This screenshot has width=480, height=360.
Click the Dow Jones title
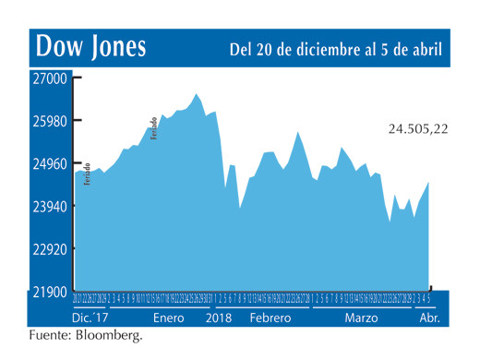[90, 47]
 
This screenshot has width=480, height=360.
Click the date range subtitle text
[334, 48]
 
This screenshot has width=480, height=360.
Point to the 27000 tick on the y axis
[51, 79]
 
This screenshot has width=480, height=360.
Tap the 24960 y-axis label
[51, 164]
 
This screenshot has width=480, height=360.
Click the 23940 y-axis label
[51, 207]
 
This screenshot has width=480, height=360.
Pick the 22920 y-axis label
[51, 249]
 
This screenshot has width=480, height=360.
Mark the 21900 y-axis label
[51, 292]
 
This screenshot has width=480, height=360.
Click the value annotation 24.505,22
[417, 129]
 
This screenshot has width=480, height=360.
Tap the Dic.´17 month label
[92, 318]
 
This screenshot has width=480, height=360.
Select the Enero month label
[169, 318]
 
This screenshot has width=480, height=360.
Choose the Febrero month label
[270, 318]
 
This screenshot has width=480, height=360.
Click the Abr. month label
[430, 318]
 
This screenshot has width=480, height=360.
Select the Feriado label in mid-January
[154, 127]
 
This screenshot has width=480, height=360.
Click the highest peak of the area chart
[197, 94]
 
